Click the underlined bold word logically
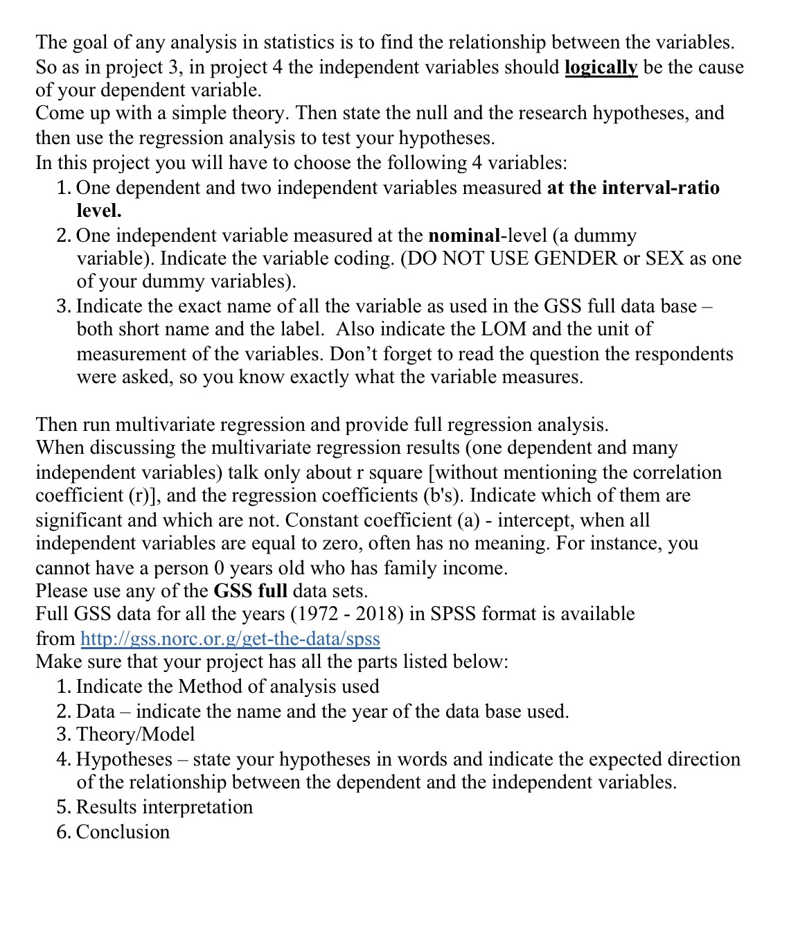coord(601,67)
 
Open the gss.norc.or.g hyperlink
coord(230,638)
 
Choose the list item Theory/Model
coord(135,734)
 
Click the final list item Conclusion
coord(123,831)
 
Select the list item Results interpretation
coord(164,807)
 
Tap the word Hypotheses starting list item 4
coord(124,759)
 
